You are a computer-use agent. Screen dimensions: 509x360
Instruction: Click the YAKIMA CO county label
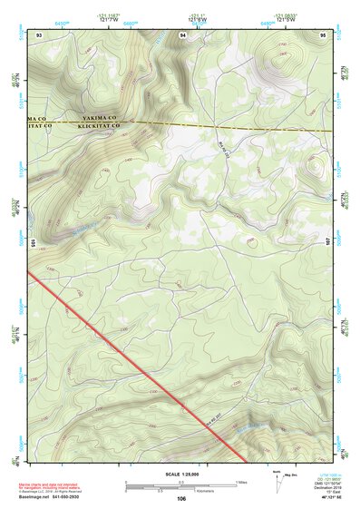[101, 118]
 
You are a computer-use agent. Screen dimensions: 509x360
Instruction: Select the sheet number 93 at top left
[39, 34]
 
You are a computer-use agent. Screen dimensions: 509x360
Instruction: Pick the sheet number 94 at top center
[183, 34]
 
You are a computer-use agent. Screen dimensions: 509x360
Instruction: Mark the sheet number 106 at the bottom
[181, 499]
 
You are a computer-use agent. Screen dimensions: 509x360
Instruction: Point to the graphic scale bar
[181, 485]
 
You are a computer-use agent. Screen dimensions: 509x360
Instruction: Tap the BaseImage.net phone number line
[51, 498]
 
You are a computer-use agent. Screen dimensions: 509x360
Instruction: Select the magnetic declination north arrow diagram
[276, 478]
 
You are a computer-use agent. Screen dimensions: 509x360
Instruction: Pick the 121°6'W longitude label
[282, 19]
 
